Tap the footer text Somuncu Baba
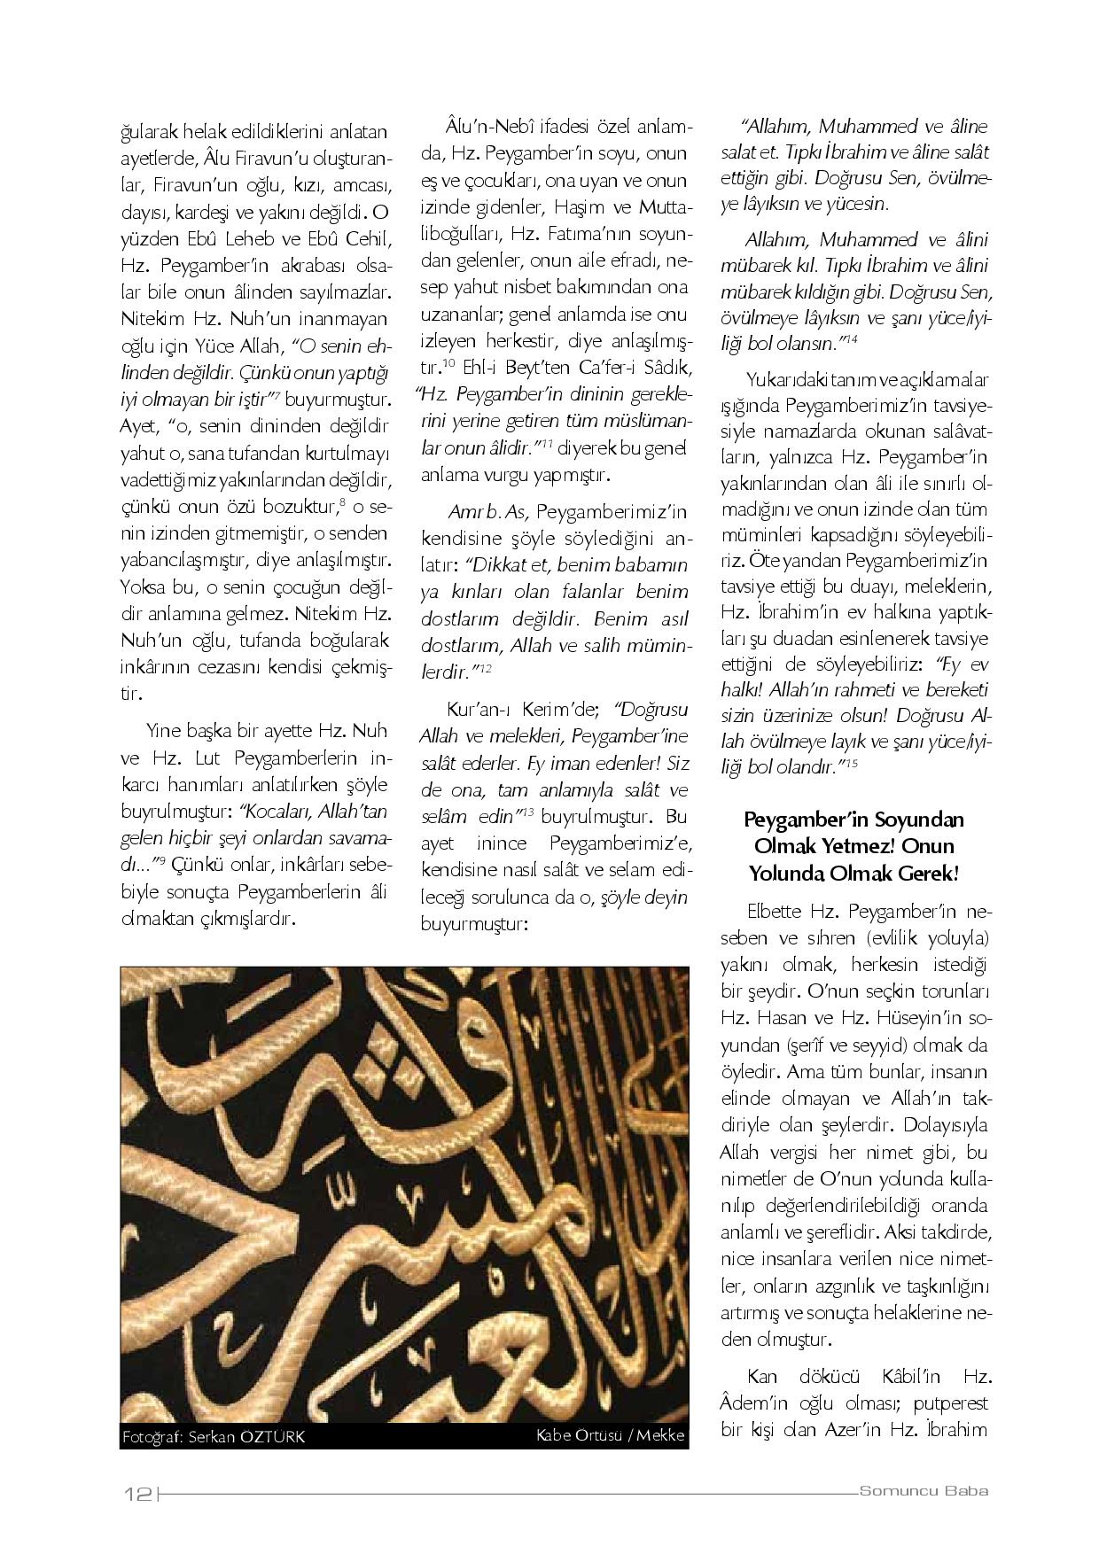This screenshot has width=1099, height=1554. pos(924,1491)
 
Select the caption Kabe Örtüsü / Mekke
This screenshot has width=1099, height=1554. pos(610,1435)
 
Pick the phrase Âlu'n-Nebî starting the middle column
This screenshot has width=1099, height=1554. pos(485,127)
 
